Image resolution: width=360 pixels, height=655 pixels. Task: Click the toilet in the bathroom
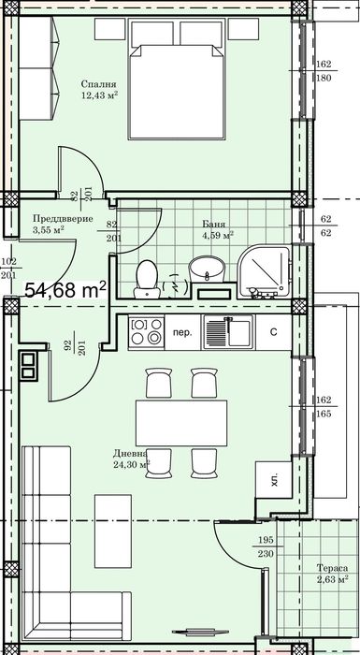(x=146, y=279)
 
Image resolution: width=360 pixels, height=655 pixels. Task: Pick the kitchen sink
(x=225, y=331)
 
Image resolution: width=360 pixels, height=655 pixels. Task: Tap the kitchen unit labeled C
(x=274, y=332)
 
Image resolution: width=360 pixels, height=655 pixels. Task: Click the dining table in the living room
(x=181, y=423)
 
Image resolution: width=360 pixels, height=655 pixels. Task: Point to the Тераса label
(x=331, y=568)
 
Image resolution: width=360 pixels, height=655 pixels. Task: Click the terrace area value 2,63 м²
(x=331, y=580)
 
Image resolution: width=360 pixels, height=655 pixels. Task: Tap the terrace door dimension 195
(x=266, y=542)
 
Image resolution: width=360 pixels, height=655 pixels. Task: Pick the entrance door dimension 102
(x=9, y=262)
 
